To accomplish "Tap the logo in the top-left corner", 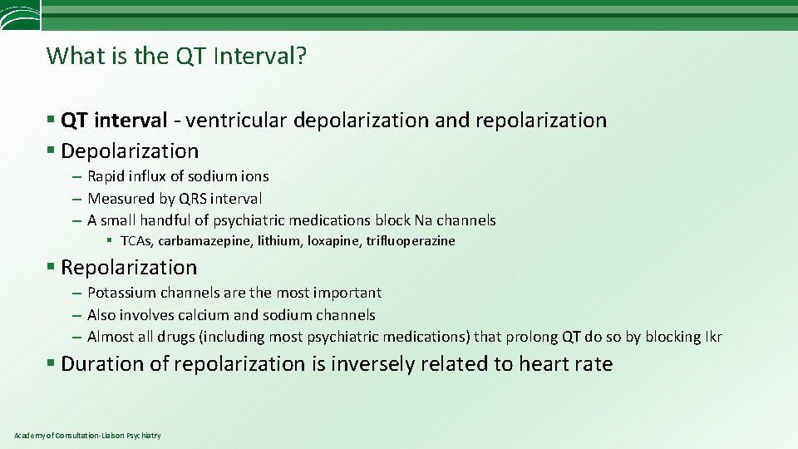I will [19, 15].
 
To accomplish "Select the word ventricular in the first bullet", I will [236, 121].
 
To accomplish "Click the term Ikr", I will [712, 337].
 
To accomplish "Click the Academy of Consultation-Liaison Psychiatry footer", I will [87, 436].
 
